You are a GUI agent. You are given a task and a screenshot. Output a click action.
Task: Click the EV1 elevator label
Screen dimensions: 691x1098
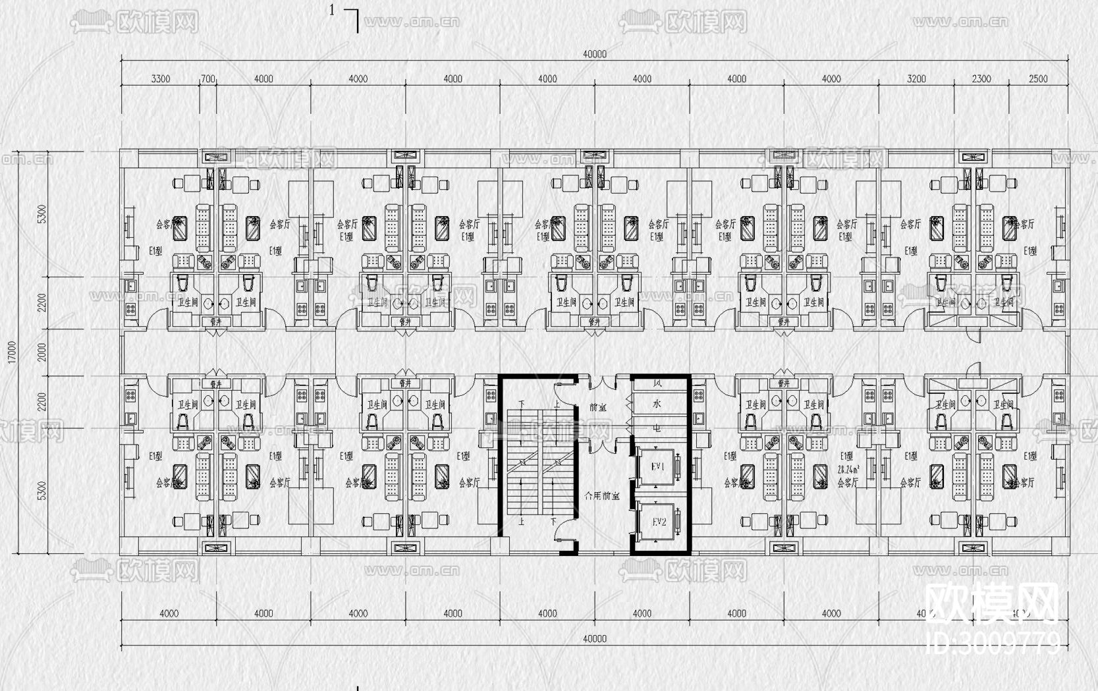[x=659, y=466]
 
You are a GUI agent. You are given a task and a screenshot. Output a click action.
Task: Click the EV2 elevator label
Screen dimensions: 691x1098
[x=659, y=522]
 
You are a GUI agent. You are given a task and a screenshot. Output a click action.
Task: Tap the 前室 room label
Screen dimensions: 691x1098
[x=597, y=408]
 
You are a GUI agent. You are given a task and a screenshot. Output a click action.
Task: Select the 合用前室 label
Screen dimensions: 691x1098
[x=602, y=495]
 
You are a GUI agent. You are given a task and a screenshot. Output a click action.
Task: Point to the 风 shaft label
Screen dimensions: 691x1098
[x=657, y=383]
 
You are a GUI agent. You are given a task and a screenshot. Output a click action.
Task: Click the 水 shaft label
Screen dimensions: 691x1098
[x=657, y=404]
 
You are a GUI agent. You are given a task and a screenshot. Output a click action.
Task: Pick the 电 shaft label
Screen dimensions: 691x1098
[x=657, y=428]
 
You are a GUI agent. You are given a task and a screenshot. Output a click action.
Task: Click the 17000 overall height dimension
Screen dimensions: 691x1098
[x=12, y=352]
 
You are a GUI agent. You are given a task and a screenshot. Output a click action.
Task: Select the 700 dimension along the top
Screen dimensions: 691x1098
[x=207, y=79]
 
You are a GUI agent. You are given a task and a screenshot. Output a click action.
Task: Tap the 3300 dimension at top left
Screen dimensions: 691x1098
[x=161, y=79]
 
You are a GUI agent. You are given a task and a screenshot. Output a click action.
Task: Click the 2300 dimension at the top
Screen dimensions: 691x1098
[x=981, y=79]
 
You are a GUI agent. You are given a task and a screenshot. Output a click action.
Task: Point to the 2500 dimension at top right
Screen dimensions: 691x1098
[x=1038, y=79]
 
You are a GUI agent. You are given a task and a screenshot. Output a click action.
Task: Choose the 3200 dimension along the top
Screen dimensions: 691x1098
[x=916, y=79]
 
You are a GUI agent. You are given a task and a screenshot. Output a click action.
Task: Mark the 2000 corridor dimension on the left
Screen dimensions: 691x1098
[x=43, y=352]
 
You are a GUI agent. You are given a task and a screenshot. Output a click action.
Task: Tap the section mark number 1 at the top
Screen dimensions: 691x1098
[x=333, y=10]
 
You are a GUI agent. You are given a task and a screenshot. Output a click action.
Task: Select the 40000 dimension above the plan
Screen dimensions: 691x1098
[x=594, y=55]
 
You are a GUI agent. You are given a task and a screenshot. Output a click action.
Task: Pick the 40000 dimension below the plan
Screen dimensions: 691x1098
[x=594, y=638]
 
